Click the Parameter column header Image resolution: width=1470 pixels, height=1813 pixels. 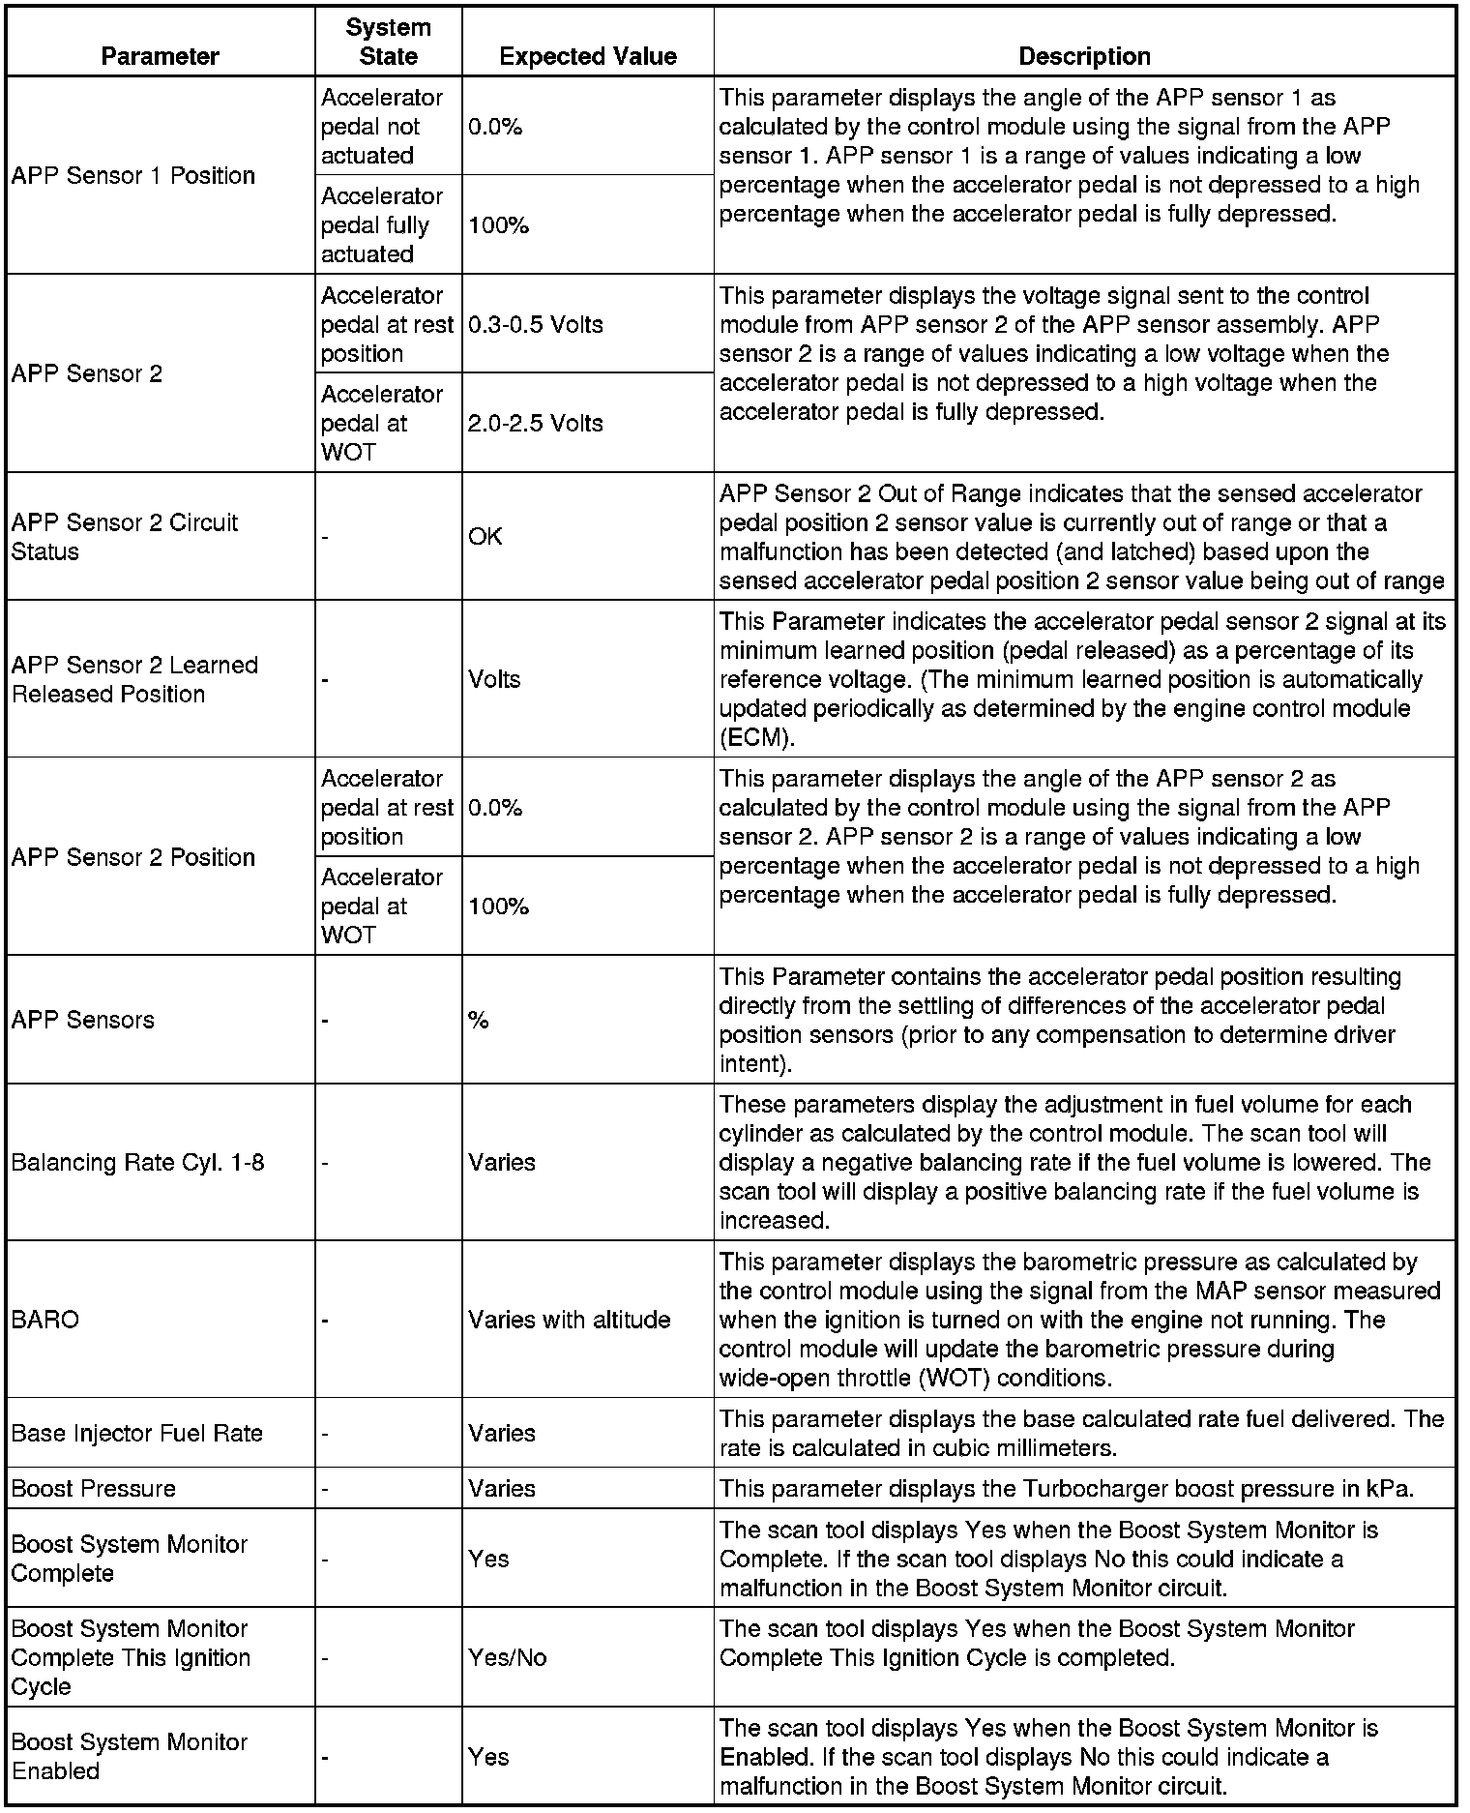point(160,56)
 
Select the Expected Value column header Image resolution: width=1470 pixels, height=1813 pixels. point(587,56)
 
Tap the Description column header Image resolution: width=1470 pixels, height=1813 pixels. point(1084,56)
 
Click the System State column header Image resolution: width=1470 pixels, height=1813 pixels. point(388,42)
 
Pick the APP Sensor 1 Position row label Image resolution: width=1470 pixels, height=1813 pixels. point(133,175)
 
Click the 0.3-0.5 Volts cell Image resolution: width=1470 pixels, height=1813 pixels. point(536,324)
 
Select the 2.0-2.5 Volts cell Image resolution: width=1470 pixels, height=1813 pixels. point(536,423)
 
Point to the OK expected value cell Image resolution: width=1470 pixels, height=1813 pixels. point(485,536)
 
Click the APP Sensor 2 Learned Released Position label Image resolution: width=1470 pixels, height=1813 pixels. point(134,679)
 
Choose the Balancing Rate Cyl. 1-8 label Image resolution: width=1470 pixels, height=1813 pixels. point(137,1162)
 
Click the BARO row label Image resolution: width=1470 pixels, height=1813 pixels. point(45,1320)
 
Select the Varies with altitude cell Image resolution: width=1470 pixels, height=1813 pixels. point(569,1320)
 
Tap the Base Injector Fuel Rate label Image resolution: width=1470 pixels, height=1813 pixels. point(136,1433)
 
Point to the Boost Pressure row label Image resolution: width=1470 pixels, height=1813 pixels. point(94,1488)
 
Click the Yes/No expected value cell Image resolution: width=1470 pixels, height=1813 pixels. point(508,1657)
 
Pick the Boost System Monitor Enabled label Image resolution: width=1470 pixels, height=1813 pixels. point(130,1756)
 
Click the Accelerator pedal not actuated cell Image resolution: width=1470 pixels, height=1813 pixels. point(381,127)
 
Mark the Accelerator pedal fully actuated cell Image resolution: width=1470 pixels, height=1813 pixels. point(381,225)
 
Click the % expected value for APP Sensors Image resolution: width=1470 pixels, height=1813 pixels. point(479,1020)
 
